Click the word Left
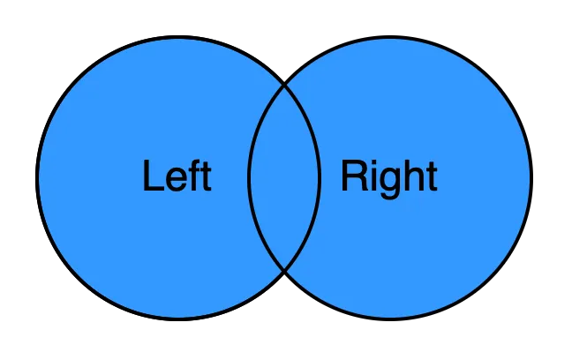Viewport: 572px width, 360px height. click(x=177, y=176)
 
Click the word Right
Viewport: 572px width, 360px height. click(x=388, y=177)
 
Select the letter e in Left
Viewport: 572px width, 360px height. click(x=175, y=180)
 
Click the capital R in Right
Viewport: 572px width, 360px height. click(x=353, y=176)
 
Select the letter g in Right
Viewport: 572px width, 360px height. click(x=389, y=182)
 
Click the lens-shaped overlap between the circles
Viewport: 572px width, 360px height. click(x=284, y=177)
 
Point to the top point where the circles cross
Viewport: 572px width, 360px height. click(x=284, y=86)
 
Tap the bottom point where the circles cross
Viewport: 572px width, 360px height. click(x=284, y=270)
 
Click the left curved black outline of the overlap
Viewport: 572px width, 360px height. click(x=249, y=177)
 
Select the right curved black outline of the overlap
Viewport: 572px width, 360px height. click(x=320, y=177)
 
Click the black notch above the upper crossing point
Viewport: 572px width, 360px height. click(x=284, y=71)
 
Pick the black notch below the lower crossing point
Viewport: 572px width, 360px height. click(x=284, y=286)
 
